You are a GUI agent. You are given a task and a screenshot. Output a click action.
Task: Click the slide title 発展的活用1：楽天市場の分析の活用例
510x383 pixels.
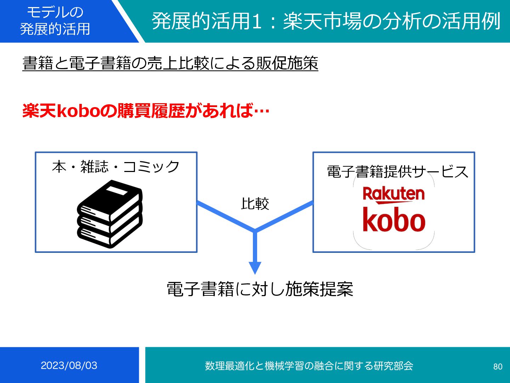(326, 21)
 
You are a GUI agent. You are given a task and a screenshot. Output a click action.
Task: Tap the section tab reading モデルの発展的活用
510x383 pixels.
(55, 21)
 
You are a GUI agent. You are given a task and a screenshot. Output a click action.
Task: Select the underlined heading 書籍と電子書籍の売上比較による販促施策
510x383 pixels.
(170, 63)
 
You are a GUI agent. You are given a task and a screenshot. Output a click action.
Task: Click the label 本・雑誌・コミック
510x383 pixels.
(116, 167)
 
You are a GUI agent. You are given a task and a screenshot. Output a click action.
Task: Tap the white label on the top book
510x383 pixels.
(117, 191)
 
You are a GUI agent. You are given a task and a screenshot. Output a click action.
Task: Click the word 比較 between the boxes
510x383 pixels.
(255, 204)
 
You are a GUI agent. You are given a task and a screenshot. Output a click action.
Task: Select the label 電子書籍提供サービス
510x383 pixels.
(397, 172)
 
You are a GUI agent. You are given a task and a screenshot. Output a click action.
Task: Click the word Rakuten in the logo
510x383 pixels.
(393, 194)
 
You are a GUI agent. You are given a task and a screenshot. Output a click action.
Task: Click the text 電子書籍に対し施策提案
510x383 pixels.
(260, 289)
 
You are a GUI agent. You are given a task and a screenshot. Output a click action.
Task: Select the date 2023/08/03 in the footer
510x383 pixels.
(69, 365)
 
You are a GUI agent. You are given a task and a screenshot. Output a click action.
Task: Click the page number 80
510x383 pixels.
(498, 366)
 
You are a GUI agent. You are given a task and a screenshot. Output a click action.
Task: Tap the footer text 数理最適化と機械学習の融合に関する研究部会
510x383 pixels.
(309, 366)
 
